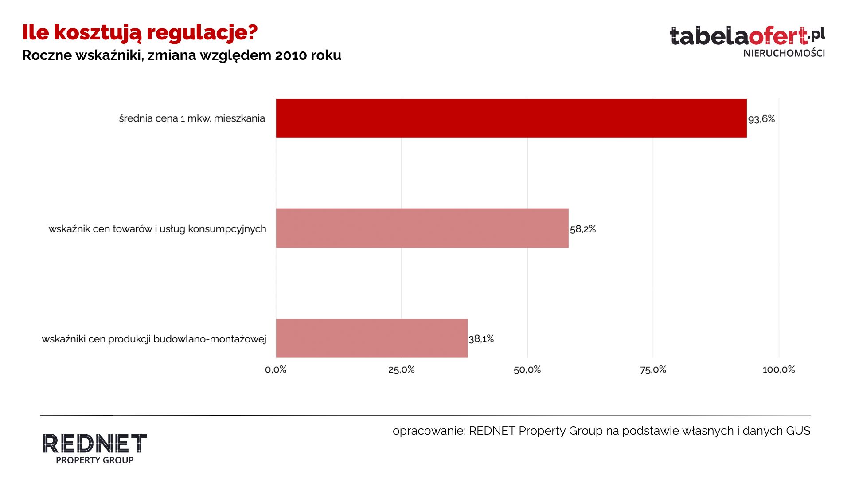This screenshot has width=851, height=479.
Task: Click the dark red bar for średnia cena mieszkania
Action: coord(511,118)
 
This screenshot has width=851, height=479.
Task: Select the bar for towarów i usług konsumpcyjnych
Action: coord(422,228)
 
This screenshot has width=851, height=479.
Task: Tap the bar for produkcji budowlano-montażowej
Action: coord(371,338)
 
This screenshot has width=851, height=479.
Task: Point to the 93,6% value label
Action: coord(761,119)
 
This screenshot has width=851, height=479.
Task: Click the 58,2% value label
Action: coord(583,229)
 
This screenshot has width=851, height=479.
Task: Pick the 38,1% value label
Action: coord(481,339)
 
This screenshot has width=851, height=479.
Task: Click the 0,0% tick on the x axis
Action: coord(276,369)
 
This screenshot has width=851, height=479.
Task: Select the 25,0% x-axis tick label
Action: coord(402,369)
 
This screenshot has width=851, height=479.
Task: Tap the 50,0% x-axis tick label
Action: coord(527,369)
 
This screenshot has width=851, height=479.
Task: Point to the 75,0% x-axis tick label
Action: coord(653,369)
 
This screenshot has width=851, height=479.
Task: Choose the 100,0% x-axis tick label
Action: coord(779,369)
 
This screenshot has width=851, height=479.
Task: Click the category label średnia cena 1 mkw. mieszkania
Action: coord(192,118)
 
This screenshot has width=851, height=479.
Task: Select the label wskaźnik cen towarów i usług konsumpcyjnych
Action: coord(157,229)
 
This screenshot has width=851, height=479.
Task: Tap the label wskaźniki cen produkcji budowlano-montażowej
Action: coord(154,339)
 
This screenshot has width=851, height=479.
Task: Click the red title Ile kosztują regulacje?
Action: coord(140,32)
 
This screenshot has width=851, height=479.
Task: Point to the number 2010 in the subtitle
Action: coord(291,55)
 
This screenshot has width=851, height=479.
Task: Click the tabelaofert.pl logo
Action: coord(747,36)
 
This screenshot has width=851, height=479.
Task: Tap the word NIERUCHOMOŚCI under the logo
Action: coord(784,53)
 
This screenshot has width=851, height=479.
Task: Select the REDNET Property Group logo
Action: coord(94,448)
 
